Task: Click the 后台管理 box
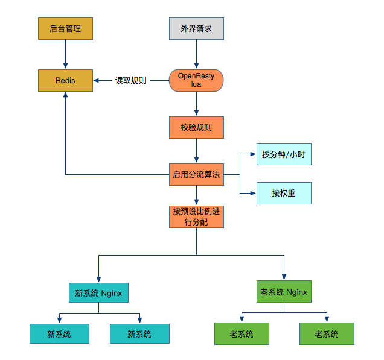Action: pos(65,28)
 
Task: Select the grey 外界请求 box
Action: pos(196,28)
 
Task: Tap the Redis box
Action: pos(65,80)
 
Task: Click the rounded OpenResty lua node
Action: pos(196,80)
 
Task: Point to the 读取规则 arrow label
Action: pos(130,80)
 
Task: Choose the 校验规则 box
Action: pos(196,127)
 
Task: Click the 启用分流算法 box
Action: pos(196,175)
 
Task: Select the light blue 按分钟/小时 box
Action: pos(284,154)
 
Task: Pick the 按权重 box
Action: pos(284,193)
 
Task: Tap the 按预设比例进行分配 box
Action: pos(196,216)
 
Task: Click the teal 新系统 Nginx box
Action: pos(98,292)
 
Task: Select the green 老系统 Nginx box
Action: pos(284,291)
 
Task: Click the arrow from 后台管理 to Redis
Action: pos(65,54)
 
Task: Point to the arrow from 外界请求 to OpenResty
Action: pos(196,54)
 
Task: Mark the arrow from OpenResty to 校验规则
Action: pos(196,104)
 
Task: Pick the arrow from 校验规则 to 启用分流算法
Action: pos(196,151)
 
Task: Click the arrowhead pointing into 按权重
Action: pos(253,193)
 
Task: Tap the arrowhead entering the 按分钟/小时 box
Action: pos(253,154)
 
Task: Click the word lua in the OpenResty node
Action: pos(196,84)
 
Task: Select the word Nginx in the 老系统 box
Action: pos(296,292)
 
